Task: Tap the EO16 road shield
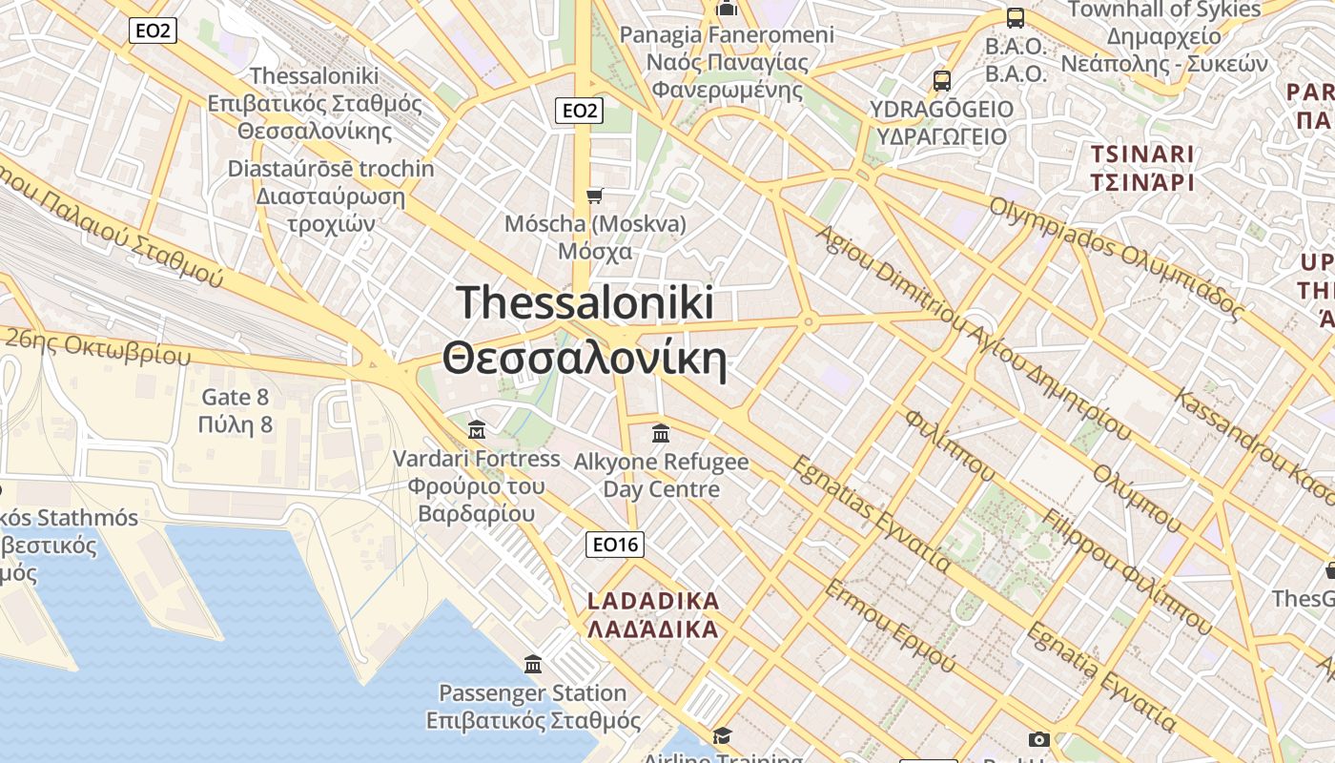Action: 615,545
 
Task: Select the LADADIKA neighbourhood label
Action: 653,615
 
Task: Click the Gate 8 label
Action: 236,410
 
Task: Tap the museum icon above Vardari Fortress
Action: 477,429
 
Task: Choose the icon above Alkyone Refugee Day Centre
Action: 661,434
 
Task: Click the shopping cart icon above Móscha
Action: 595,196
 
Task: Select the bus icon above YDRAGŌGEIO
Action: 942,80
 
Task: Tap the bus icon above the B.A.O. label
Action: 1016,17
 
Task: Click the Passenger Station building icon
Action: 533,664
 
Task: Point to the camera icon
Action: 1038,739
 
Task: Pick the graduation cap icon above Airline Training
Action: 722,735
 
